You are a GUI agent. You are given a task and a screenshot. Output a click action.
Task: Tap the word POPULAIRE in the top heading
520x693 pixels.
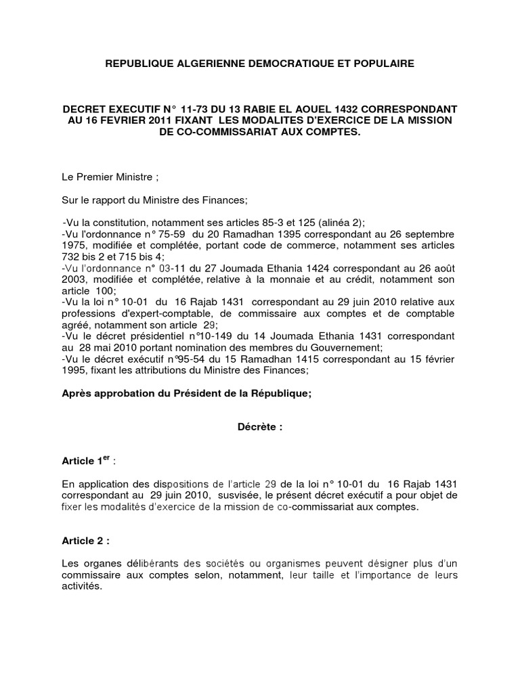pyautogui.click(x=383, y=64)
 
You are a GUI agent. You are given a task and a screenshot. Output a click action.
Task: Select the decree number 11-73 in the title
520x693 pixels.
pyautogui.click(x=201, y=108)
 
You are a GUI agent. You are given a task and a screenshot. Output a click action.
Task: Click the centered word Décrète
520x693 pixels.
pyautogui.click(x=259, y=428)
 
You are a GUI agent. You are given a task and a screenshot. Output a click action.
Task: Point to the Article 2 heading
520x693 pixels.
pyautogui.click(x=85, y=541)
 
